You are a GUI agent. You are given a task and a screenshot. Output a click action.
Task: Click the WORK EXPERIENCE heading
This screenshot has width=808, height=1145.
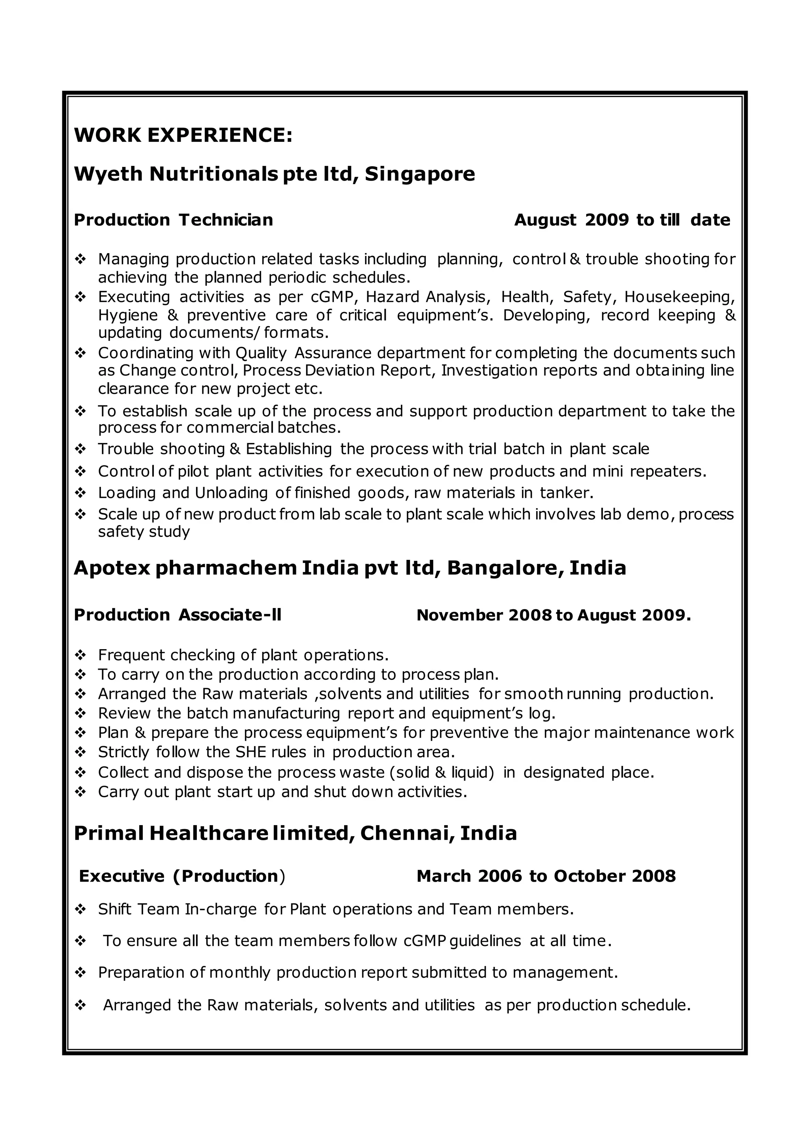(x=183, y=135)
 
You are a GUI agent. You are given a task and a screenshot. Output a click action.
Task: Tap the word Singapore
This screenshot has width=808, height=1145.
(x=420, y=174)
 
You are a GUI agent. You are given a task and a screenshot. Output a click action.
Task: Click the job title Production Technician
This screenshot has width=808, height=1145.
(x=174, y=220)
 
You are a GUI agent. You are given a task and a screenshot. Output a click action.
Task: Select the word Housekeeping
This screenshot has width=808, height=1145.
(x=679, y=297)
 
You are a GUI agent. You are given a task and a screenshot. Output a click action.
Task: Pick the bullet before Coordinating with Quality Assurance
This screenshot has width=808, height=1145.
(x=80, y=353)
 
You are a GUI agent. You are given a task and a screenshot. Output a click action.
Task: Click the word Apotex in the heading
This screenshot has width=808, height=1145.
(x=112, y=568)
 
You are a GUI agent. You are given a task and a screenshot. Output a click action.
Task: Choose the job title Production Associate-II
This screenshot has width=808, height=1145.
(x=178, y=615)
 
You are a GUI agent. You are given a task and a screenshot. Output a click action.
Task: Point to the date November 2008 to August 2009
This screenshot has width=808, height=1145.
(x=553, y=615)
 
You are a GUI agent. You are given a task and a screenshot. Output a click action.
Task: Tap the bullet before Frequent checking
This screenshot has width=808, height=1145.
(x=80, y=655)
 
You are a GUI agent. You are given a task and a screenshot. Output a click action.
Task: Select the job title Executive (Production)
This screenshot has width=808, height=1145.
(x=182, y=876)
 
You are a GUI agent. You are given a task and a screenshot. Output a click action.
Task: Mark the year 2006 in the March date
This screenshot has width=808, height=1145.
(x=499, y=876)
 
